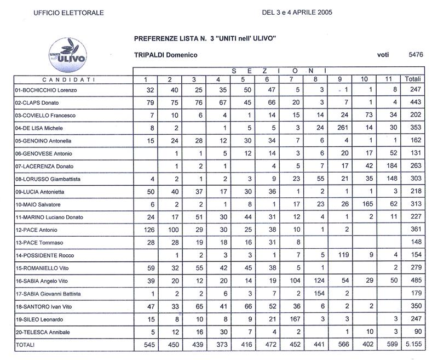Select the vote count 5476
pos(416,55)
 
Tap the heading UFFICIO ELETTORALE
pos(67,12)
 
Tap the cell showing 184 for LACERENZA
pos(391,166)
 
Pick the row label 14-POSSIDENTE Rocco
pos(43,255)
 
